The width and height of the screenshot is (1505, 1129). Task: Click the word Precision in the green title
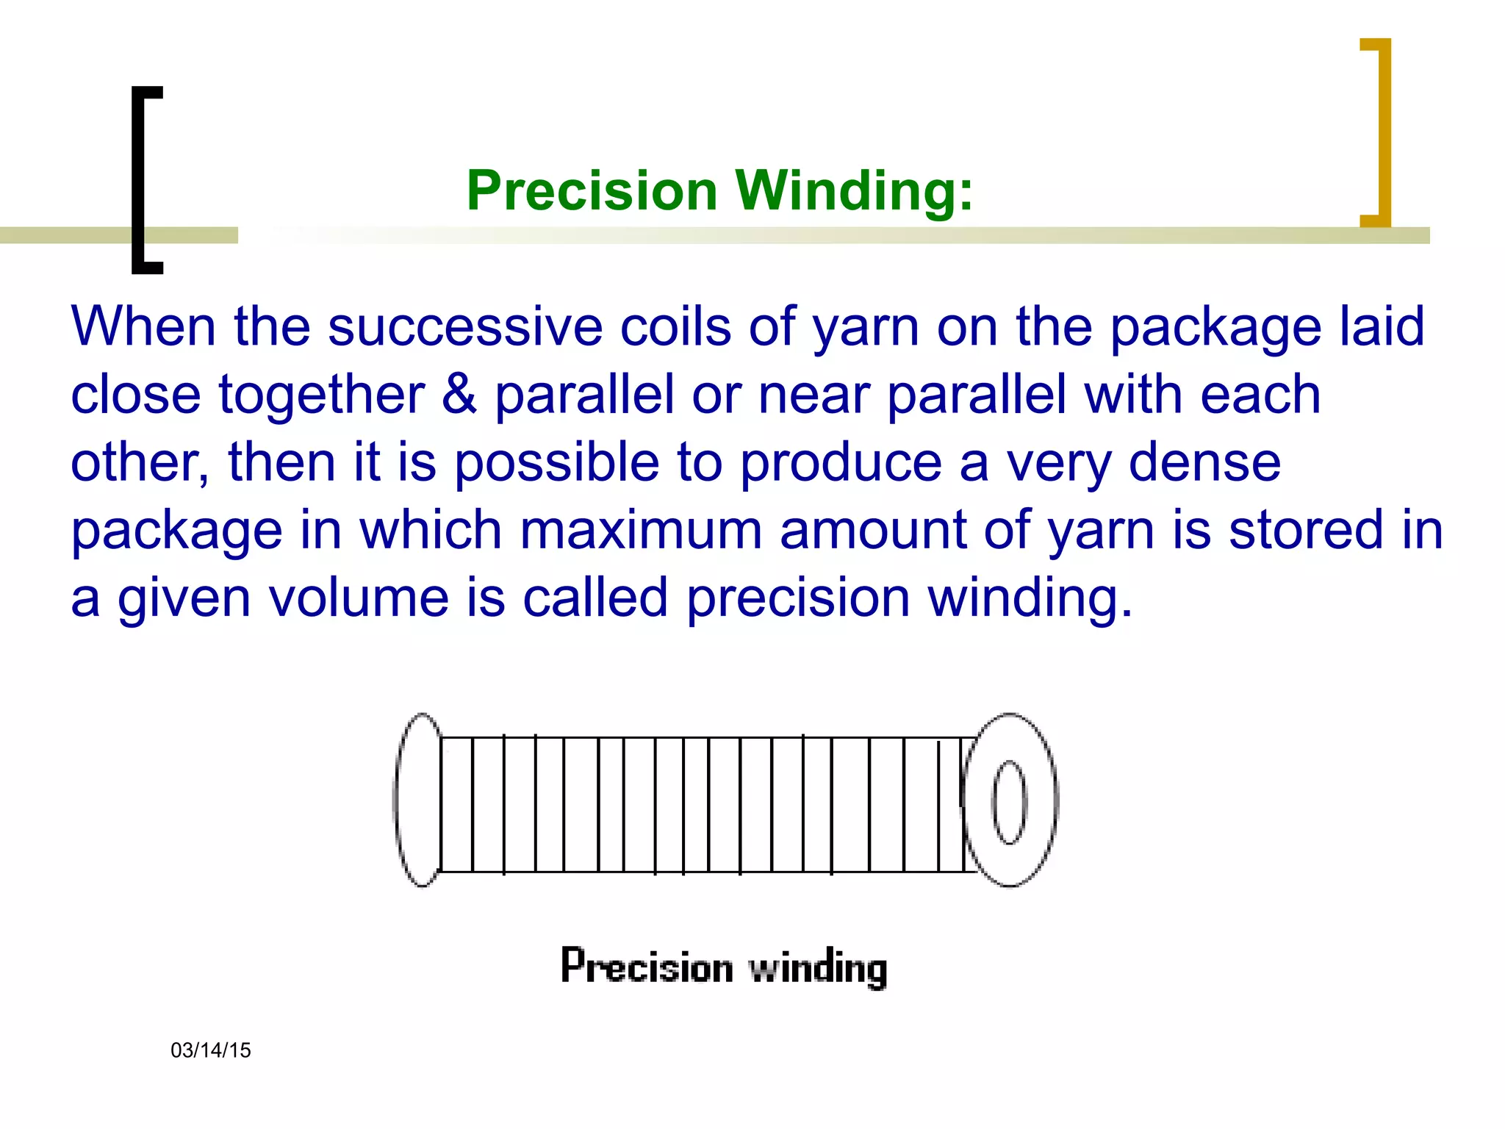coord(592,190)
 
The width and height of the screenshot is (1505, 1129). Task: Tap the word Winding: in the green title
coord(854,190)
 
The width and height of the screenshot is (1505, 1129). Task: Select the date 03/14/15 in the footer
coord(211,1050)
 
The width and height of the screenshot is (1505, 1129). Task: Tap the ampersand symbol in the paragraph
coord(459,394)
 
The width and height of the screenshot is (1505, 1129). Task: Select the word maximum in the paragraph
coord(641,530)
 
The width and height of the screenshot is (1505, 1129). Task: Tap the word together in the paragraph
coord(321,395)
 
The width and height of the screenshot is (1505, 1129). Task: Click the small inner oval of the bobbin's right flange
coord(1010,802)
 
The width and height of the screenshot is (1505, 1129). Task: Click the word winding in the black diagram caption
coord(817,967)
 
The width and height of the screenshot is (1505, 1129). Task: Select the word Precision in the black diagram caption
coord(647,966)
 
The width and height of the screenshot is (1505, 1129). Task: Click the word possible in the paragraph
coord(557,464)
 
